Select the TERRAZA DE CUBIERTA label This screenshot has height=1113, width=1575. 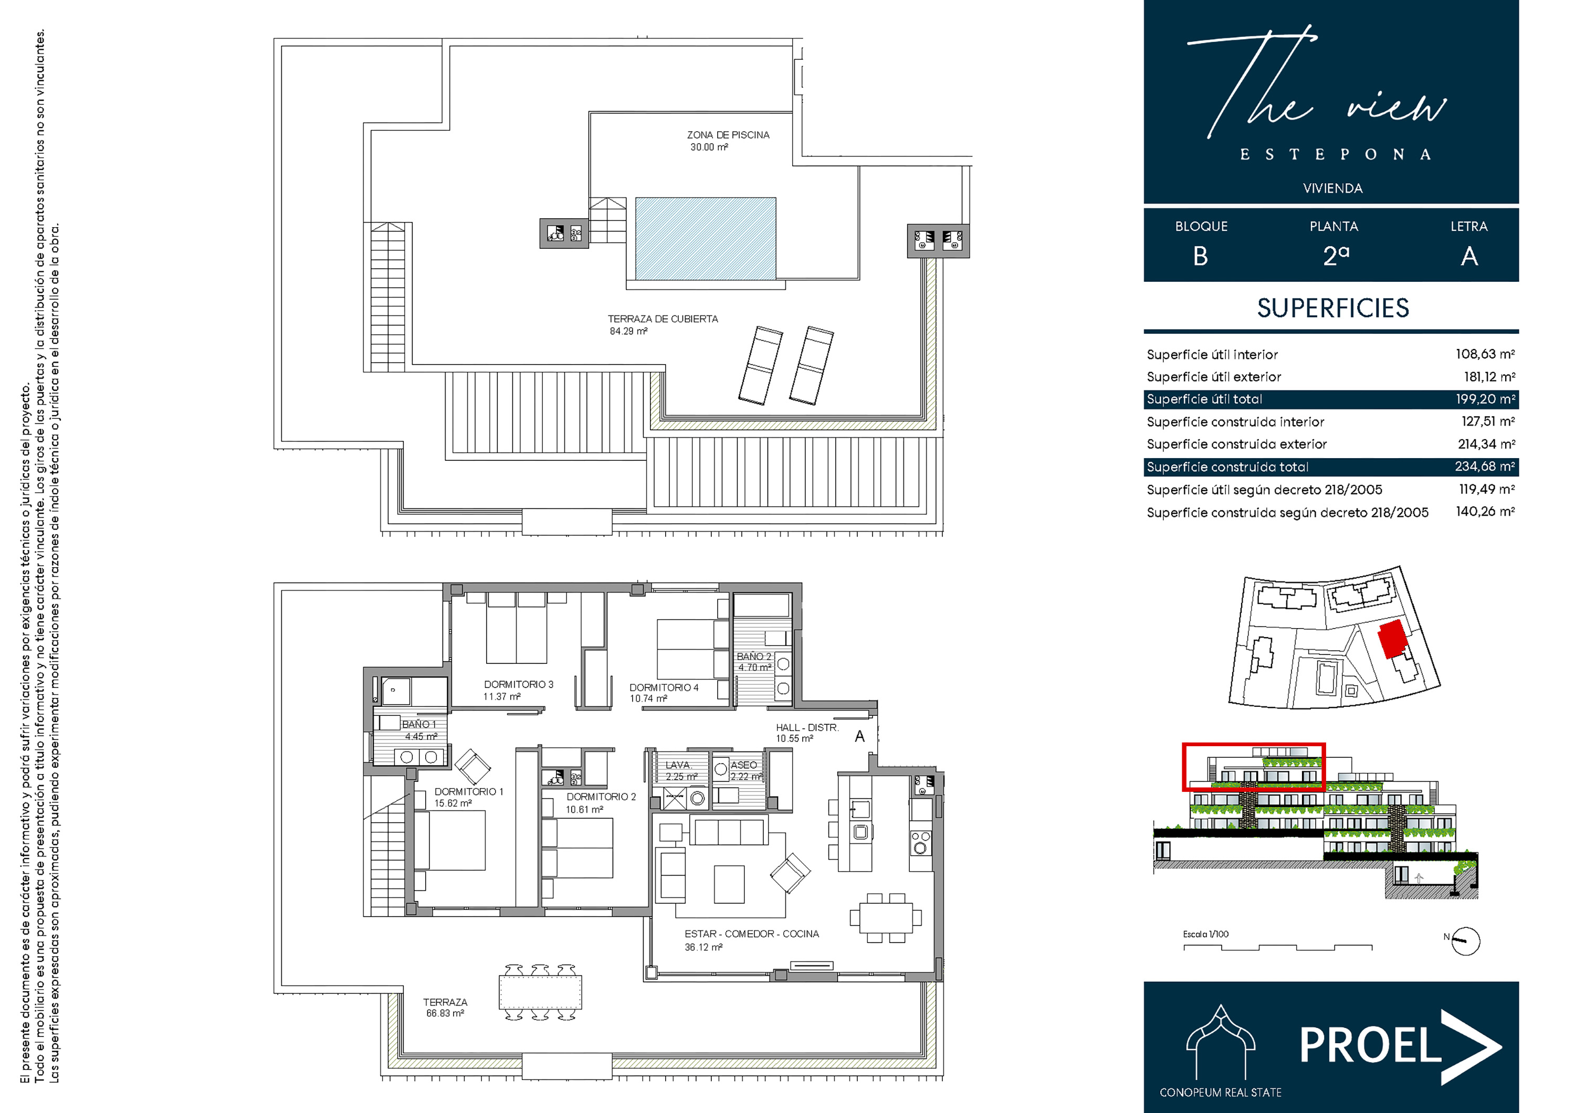pos(663,319)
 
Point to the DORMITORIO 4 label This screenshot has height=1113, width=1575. pos(664,687)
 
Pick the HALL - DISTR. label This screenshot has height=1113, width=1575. pos(807,728)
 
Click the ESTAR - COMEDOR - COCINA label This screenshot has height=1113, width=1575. pos(751,934)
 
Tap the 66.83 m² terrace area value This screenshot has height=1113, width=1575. pos(445,1014)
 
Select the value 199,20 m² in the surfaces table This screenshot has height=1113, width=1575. pos(1485,399)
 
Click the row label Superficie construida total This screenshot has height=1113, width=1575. pos(1227,467)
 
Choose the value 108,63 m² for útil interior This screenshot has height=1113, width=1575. pos(1485,354)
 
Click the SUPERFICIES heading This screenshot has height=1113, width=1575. pos(1333,309)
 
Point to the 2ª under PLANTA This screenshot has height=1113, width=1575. pos(1336,256)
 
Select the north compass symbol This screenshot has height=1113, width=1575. pos(1465,941)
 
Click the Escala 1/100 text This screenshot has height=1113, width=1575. pos(1205,934)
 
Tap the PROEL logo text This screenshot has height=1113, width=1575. pos(1370,1044)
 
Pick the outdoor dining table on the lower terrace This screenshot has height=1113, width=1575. pos(541,992)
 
